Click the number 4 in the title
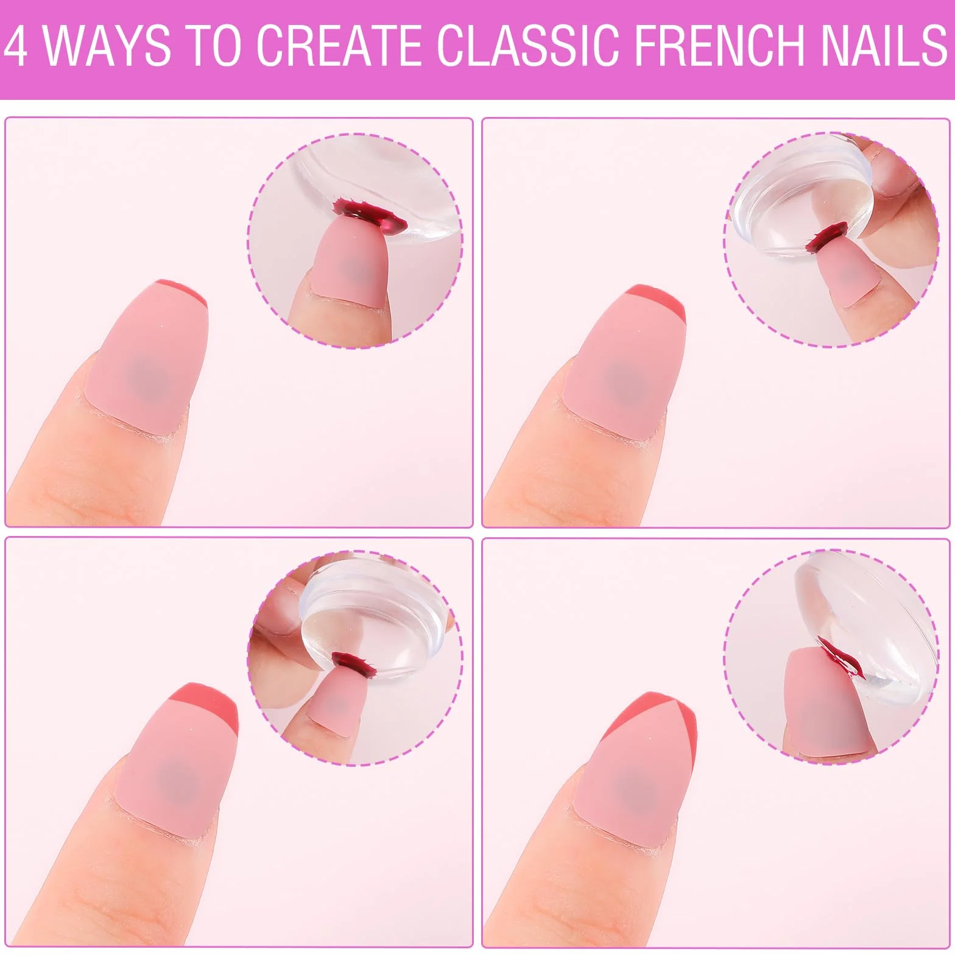(x=16, y=45)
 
